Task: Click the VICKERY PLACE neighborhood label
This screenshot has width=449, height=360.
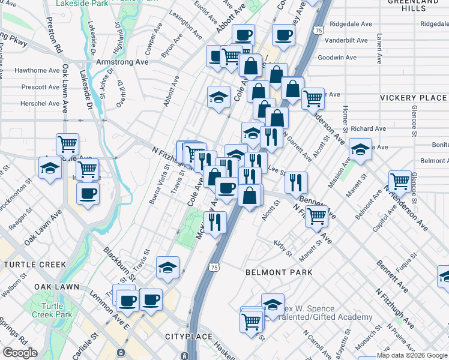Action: click(413, 98)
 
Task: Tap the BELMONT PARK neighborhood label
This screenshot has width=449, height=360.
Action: click(279, 272)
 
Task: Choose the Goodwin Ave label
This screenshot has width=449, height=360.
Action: click(337, 58)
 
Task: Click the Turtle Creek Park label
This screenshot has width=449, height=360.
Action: click(61, 310)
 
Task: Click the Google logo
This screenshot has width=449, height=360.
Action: click(20, 353)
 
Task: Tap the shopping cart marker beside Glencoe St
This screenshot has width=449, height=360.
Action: click(399, 181)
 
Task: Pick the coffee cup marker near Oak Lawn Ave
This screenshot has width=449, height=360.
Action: click(88, 194)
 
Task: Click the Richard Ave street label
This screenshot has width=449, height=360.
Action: click(369, 128)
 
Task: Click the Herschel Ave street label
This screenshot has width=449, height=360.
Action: click(40, 103)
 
